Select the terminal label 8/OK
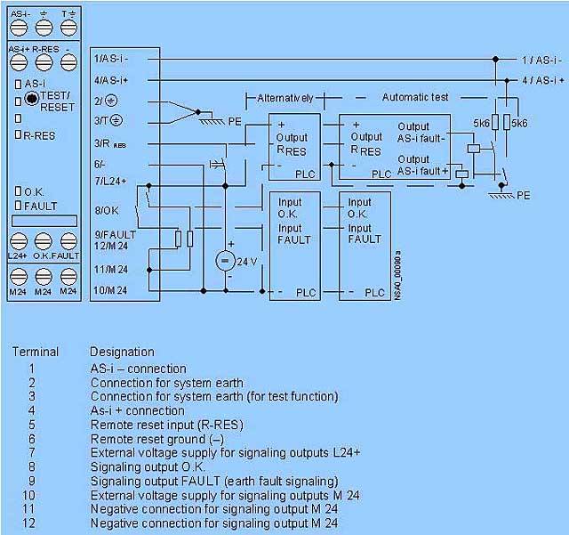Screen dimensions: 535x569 pos(108,210)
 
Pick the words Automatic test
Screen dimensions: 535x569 pos(415,96)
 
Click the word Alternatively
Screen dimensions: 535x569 pos(285,96)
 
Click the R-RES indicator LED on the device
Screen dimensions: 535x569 pos(19,134)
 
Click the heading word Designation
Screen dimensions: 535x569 pos(122,352)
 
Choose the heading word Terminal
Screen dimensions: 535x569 pos(36,352)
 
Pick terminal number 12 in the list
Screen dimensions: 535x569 pos(32,523)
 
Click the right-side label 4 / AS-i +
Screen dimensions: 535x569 pos(541,80)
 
